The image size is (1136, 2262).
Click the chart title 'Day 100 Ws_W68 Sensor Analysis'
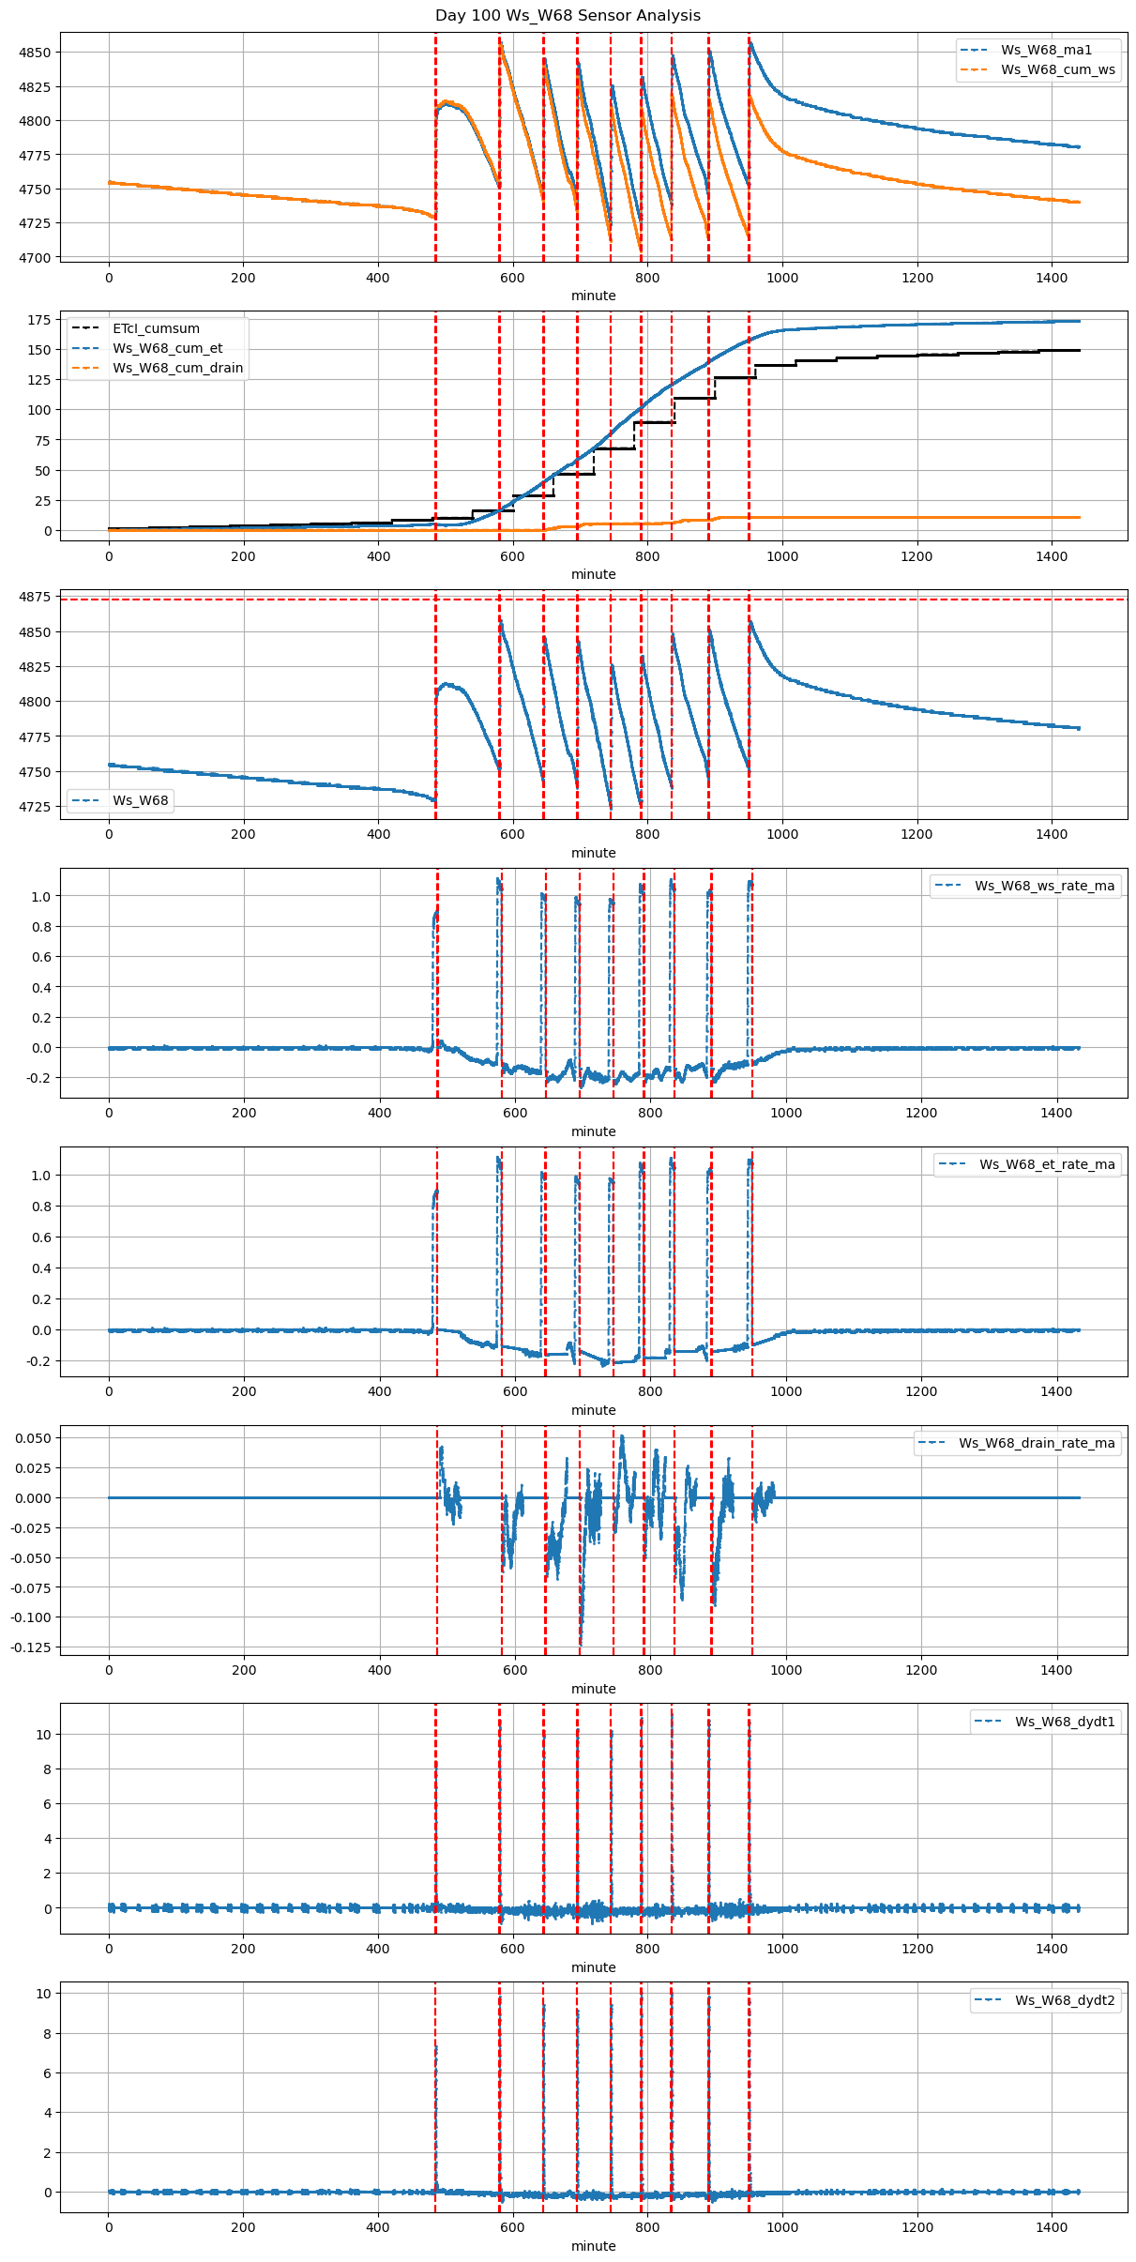pos(568,15)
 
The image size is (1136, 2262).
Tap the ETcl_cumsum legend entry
pos(156,328)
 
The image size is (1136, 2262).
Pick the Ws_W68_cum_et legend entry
pos(167,348)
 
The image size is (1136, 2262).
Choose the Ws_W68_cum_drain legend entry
pos(177,368)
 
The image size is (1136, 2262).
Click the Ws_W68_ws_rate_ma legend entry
pos(1044,886)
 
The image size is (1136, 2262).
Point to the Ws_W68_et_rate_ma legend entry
pos(1047,1164)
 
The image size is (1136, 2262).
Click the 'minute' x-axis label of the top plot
pos(594,296)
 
